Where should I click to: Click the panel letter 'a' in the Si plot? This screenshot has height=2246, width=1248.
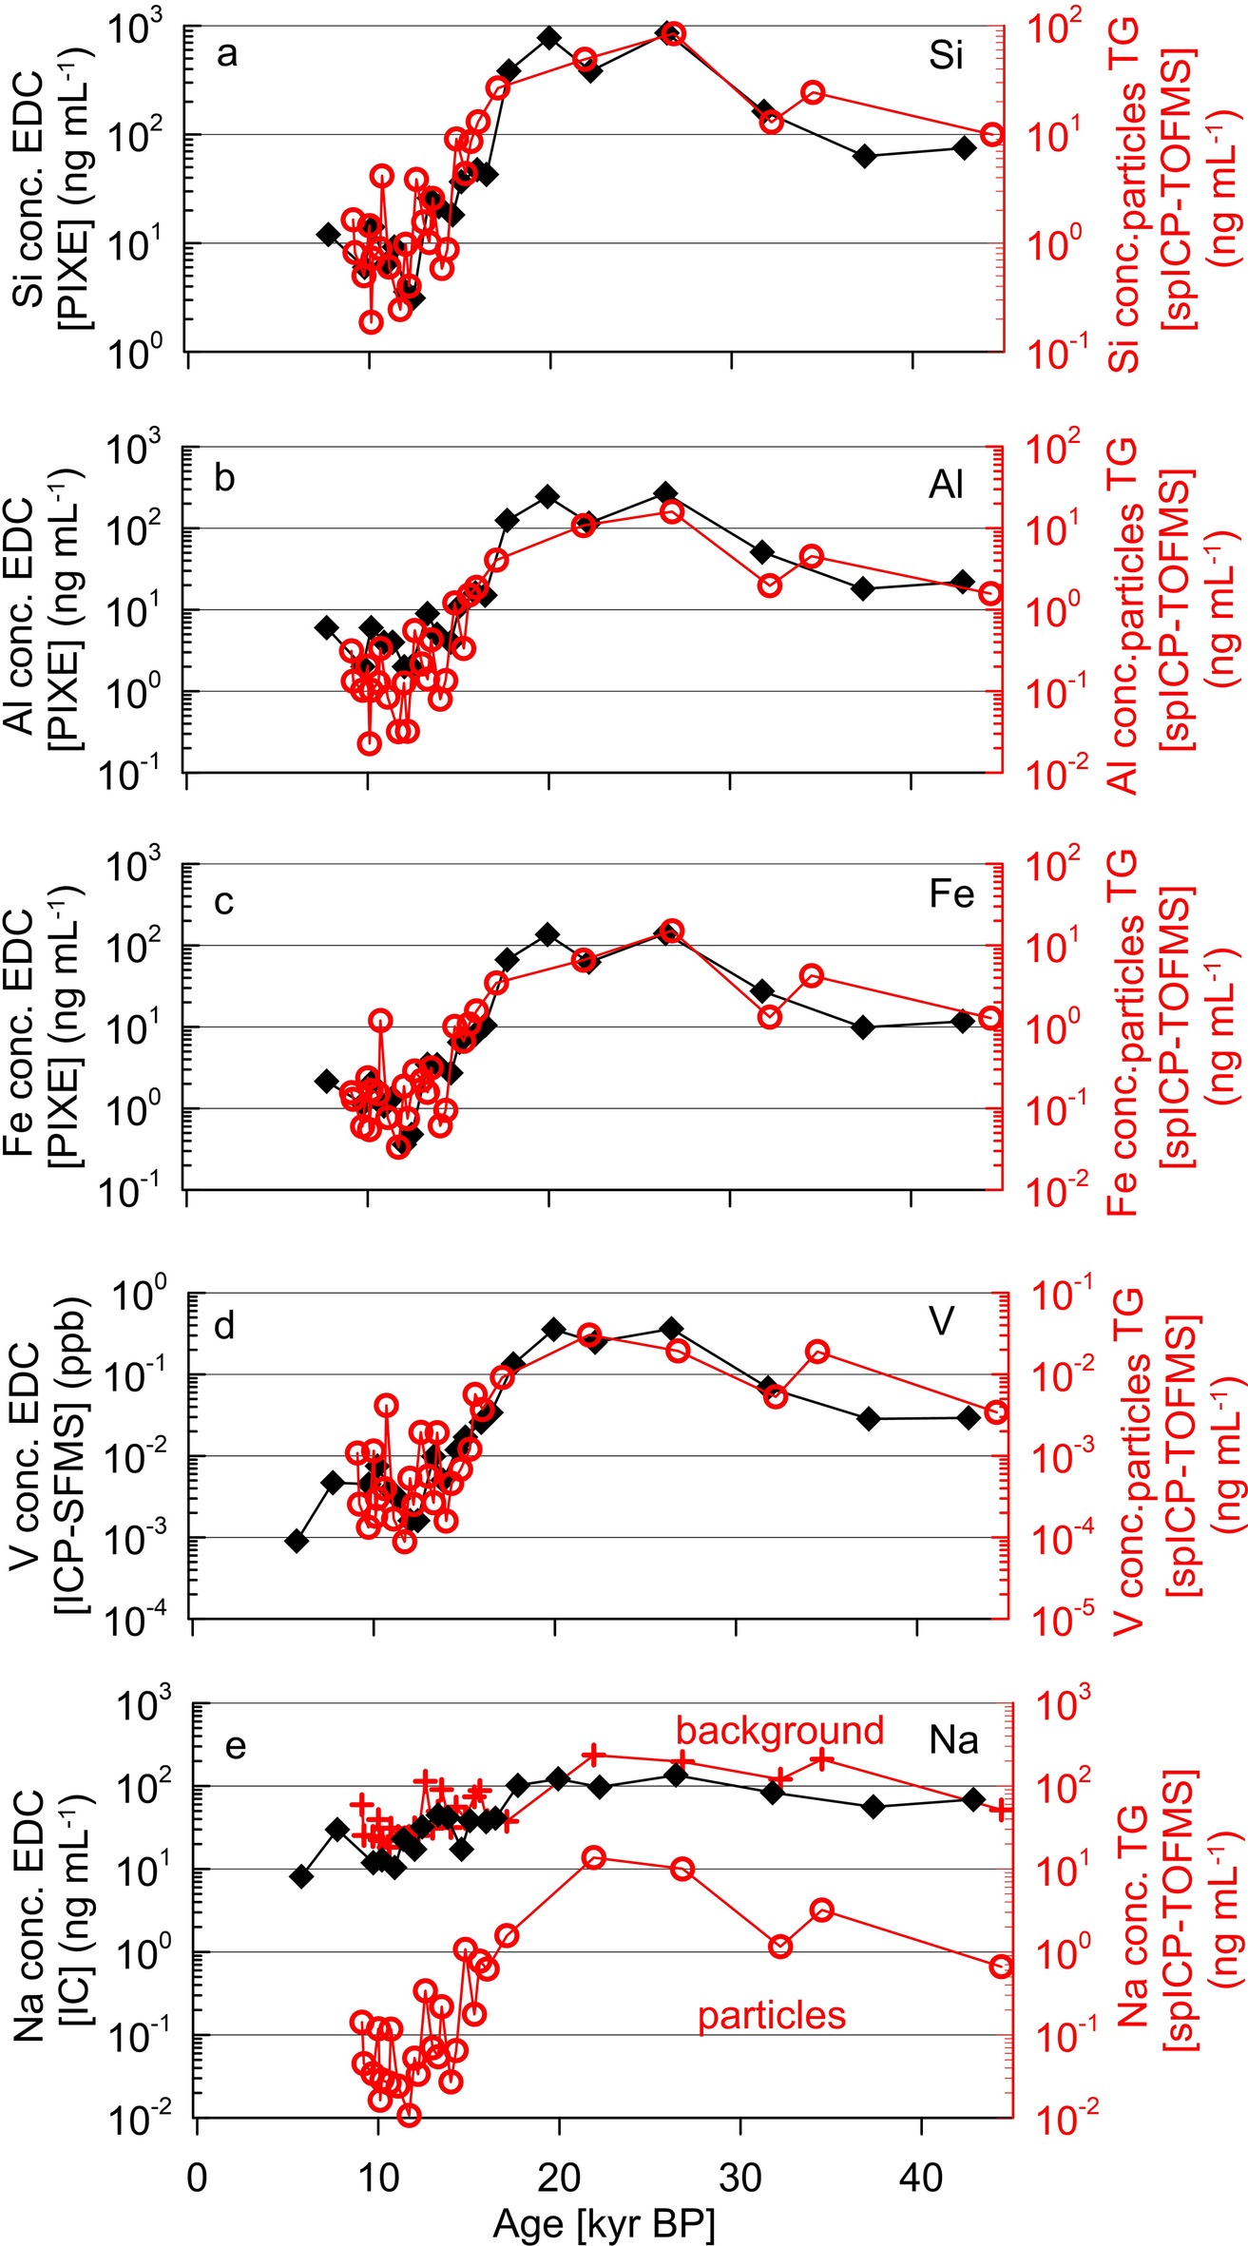[227, 55]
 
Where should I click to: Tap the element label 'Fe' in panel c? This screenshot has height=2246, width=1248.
[950, 894]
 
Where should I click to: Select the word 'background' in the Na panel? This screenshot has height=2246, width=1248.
[779, 1730]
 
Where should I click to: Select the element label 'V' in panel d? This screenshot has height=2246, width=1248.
[941, 1321]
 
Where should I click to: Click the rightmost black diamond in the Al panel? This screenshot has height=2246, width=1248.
[963, 581]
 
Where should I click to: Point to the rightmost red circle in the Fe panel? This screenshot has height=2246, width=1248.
[989, 1017]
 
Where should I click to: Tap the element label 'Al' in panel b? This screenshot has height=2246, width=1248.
[946, 486]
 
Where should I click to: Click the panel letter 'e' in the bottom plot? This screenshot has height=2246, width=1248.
[235, 1745]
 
